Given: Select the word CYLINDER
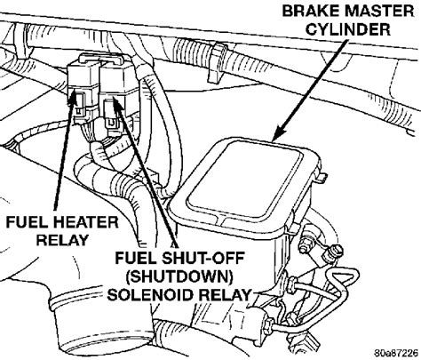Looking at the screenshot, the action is point(348,29).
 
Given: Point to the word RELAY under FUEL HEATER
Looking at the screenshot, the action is point(62,240).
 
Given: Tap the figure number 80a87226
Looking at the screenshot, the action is point(396,353).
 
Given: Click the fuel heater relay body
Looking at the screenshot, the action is point(82,89).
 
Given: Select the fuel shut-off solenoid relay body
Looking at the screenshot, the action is point(118,95).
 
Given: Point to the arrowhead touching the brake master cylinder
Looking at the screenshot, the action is point(279,132).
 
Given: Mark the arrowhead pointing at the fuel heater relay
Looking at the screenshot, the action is point(73,98).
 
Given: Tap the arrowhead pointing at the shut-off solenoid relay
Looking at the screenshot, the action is point(117,105).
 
